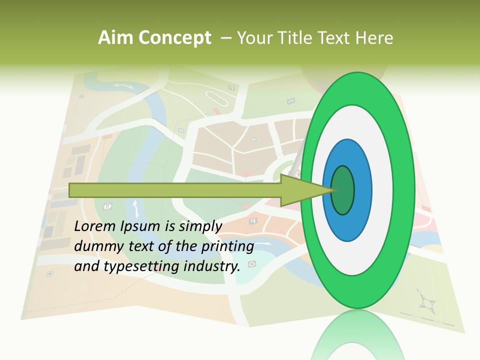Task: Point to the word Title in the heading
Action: tap(298, 38)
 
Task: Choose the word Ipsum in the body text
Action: tap(139, 226)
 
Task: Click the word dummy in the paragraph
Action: tap(95, 246)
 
